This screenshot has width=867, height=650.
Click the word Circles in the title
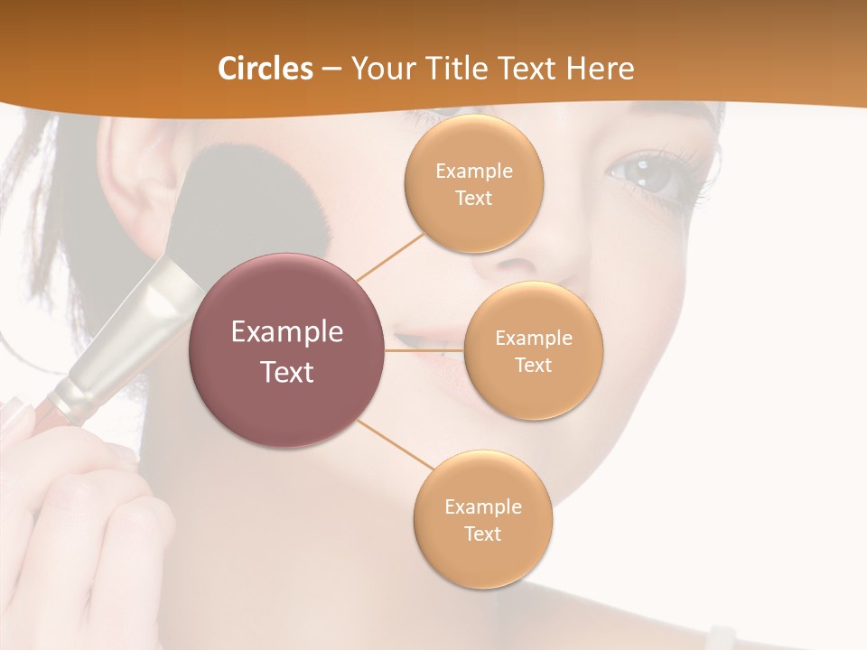click(x=265, y=69)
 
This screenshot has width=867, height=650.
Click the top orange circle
click(x=473, y=183)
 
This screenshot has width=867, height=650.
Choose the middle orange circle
click(x=533, y=350)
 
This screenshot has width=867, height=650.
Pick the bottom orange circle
click(x=482, y=519)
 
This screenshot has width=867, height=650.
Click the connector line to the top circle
click(x=390, y=255)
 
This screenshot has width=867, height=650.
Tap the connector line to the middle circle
click(x=424, y=350)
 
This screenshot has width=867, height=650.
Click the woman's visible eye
click(x=652, y=175)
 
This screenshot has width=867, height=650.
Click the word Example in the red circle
click(x=287, y=332)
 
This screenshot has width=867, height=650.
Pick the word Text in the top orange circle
click(x=473, y=198)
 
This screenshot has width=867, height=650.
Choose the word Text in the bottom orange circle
click(x=482, y=534)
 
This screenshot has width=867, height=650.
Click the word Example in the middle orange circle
click(x=533, y=338)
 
